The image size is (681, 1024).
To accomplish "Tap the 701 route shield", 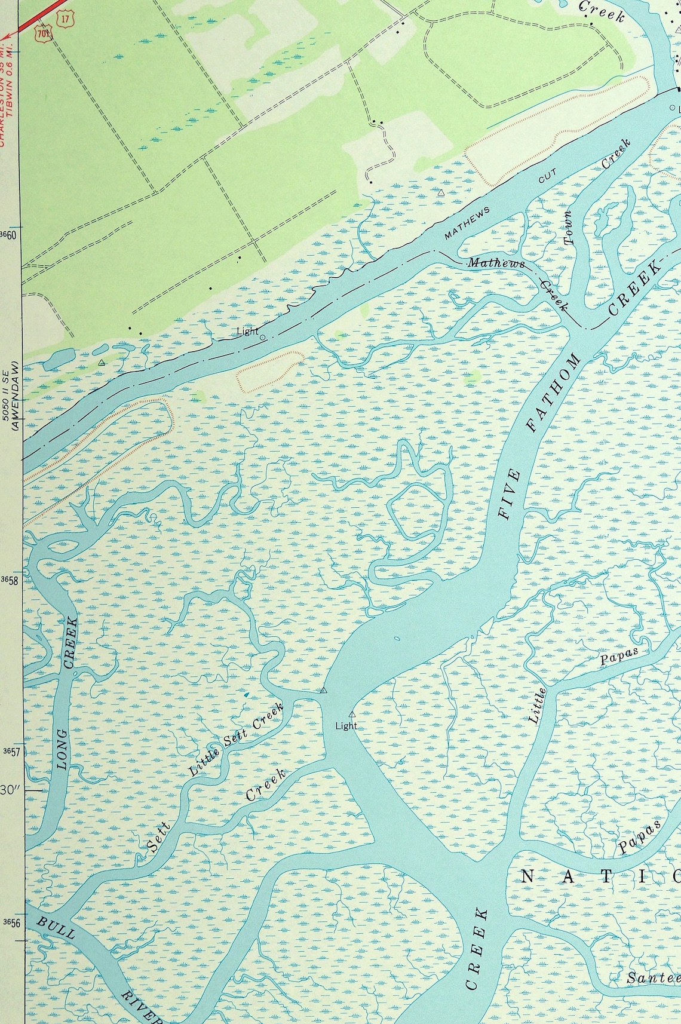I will [x=43, y=33].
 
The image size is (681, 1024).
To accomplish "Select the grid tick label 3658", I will [x=9, y=580].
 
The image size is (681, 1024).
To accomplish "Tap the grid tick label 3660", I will [x=8, y=235].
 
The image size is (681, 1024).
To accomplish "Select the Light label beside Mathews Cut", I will [x=248, y=331].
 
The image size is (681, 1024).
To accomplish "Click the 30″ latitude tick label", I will [x=10, y=789].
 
